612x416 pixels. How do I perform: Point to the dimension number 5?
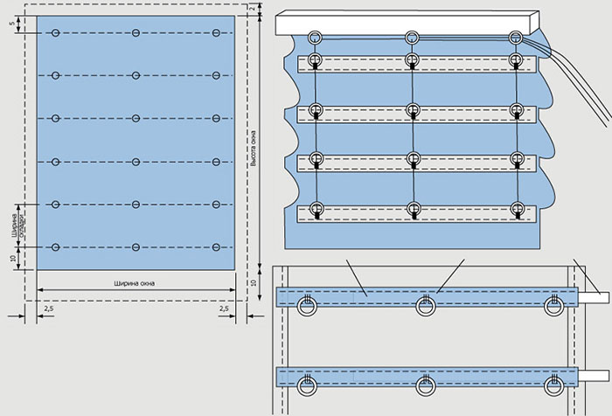point(13,24)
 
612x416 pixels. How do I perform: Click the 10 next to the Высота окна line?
point(253,283)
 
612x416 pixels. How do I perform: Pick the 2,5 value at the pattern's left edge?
point(47,309)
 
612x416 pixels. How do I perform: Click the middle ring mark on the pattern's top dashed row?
point(136,33)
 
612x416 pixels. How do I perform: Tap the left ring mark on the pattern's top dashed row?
point(55,33)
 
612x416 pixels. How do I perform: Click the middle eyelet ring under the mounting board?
point(412,38)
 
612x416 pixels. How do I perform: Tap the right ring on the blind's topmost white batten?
point(519,63)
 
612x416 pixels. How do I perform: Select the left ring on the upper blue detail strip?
point(308,307)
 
